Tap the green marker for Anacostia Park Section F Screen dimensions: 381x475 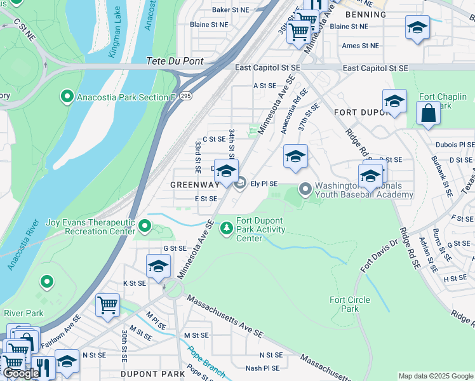click(67, 97)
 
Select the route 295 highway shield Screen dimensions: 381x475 click(185, 95)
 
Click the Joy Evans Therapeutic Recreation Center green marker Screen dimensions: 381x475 click(145, 226)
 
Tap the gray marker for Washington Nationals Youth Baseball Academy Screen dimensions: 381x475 click(305, 189)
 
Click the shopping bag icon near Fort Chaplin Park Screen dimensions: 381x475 click(429, 114)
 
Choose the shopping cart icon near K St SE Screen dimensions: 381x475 click(107, 305)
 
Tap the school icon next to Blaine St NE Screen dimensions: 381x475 click(417, 28)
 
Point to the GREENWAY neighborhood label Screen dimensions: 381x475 click(194, 185)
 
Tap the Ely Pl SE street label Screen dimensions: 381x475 click(264, 184)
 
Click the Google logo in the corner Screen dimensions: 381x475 click(21, 373)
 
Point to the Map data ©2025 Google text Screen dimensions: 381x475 click(435, 376)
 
